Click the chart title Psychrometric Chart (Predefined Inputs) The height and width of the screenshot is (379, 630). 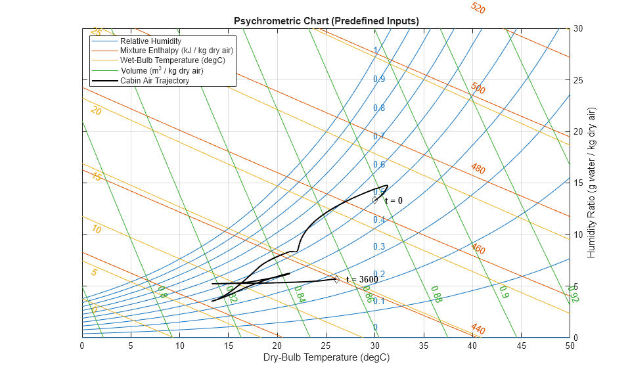click(x=326, y=21)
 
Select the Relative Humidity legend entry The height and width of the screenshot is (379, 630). click(x=150, y=41)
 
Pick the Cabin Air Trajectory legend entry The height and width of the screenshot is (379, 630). click(x=154, y=81)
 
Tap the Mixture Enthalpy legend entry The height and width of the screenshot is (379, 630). click(x=176, y=51)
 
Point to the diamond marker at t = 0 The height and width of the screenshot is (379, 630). click(x=375, y=200)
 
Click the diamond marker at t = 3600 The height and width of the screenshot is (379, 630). click(x=336, y=279)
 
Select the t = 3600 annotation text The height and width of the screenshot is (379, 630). click(x=362, y=280)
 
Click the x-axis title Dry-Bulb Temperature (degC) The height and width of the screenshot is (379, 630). click(x=326, y=358)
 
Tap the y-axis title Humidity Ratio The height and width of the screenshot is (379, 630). click(x=592, y=183)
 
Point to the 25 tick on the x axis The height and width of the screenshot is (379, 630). click(x=326, y=345)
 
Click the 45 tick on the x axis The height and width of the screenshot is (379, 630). click(x=521, y=345)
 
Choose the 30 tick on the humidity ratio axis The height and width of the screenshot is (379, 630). click(x=578, y=29)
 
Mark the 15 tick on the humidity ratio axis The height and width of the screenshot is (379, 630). click(x=578, y=183)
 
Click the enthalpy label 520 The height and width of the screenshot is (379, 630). click(x=478, y=9)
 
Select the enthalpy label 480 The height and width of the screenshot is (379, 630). click(x=478, y=169)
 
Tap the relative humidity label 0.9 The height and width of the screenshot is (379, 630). click(x=379, y=79)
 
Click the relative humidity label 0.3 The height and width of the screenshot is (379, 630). click(x=379, y=247)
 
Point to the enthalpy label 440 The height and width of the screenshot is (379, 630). click(x=478, y=329)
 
